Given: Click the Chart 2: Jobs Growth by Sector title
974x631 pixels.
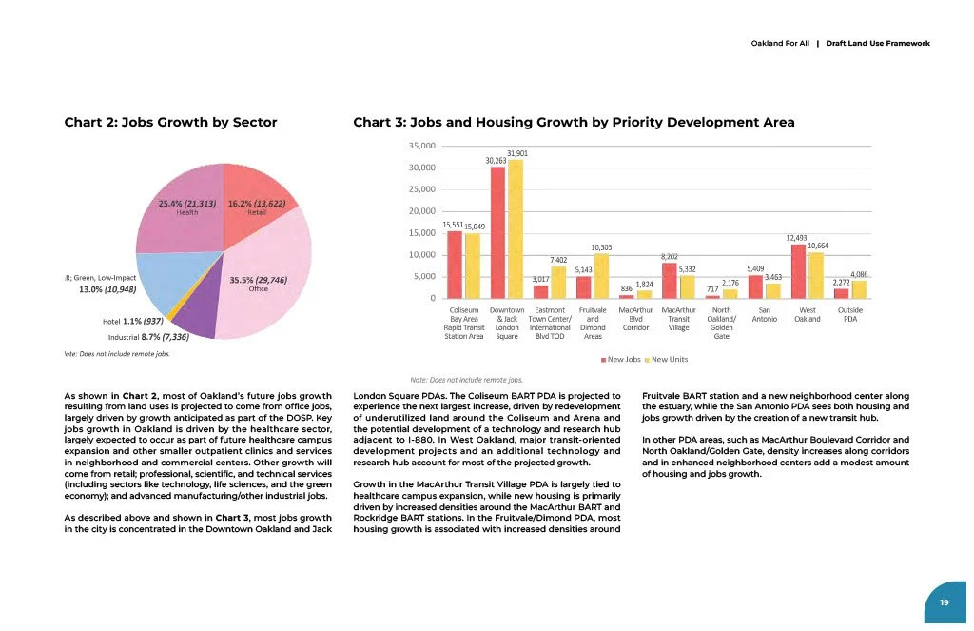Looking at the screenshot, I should coord(170,122).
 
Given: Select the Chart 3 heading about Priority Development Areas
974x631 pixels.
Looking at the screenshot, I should coord(573,122).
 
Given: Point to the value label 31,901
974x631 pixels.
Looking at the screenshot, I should coord(517,153).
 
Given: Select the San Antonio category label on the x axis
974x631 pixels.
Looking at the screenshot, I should coord(764,314).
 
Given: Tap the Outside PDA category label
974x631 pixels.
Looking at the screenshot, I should coord(850,314).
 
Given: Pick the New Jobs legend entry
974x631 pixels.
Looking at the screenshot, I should coord(621,359).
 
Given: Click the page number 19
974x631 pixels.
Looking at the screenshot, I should coord(944,602).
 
